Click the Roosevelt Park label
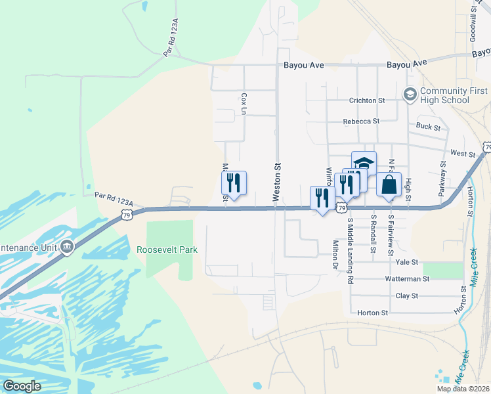[167, 250]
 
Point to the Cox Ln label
[244, 104]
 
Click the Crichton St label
[366, 100]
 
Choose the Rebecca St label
[361, 121]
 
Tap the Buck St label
[427, 125]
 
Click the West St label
[463, 153]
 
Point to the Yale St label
[407, 262]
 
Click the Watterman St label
[407, 279]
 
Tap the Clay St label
[407, 296]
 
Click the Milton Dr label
[335, 255]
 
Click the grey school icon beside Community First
[411, 95]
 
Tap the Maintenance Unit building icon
[67, 247]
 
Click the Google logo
[22, 385]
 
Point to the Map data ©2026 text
[463, 389]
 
